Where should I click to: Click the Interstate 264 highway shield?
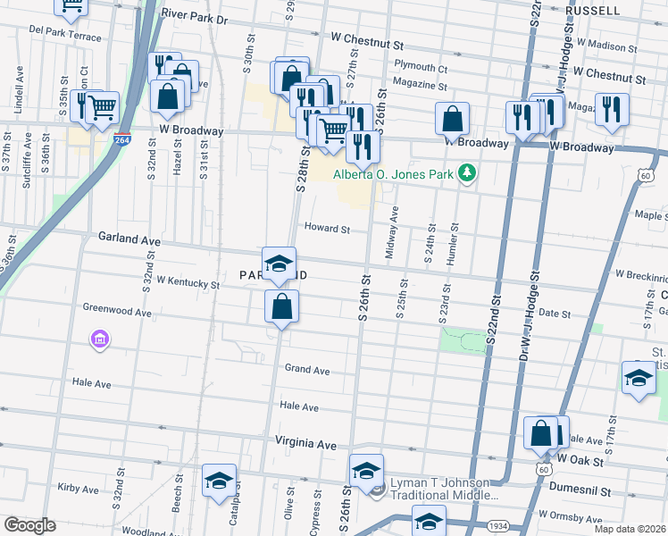(x=123, y=140)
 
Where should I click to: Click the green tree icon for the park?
(x=464, y=172)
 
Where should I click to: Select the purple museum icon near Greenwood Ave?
(x=99, y=339)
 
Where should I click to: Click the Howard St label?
(x=327, y=229)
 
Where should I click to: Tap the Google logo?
(x=29, y=525)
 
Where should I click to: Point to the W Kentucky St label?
(x=188, y=282)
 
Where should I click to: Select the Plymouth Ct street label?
(x=421, y=67)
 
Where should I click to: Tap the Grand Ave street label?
(x=307, y=370)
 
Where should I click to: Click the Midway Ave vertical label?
(x=390, y=234)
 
